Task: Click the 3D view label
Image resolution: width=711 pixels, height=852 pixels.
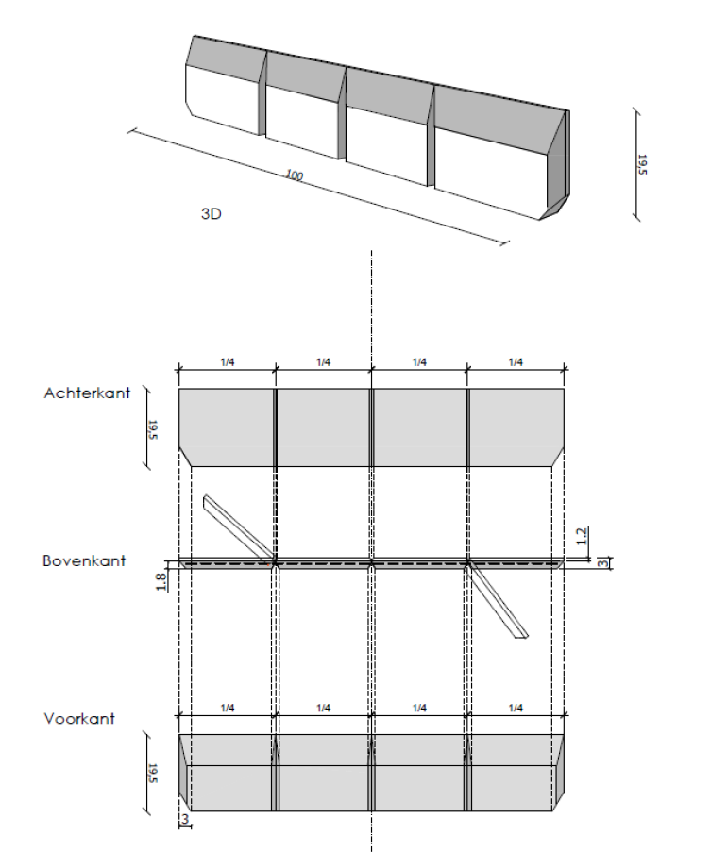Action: pos(211,214)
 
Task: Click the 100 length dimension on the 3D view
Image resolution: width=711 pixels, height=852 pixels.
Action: pos(295,175)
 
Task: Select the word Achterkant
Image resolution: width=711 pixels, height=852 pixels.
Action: pos(86,393)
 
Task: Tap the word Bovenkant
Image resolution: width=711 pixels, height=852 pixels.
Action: pos(84,560)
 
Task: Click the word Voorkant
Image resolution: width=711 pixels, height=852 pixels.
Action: pos(79,718)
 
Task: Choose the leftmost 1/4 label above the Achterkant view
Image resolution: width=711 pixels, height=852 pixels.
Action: pos(227,362)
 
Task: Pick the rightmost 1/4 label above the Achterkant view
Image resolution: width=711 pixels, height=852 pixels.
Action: pos(516,362)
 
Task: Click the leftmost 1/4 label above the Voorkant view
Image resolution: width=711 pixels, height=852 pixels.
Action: pos(227,708)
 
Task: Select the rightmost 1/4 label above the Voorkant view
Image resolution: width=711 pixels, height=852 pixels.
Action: pos(516,708)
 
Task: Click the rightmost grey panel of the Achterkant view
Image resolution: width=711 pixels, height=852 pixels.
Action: pos(516,426)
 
